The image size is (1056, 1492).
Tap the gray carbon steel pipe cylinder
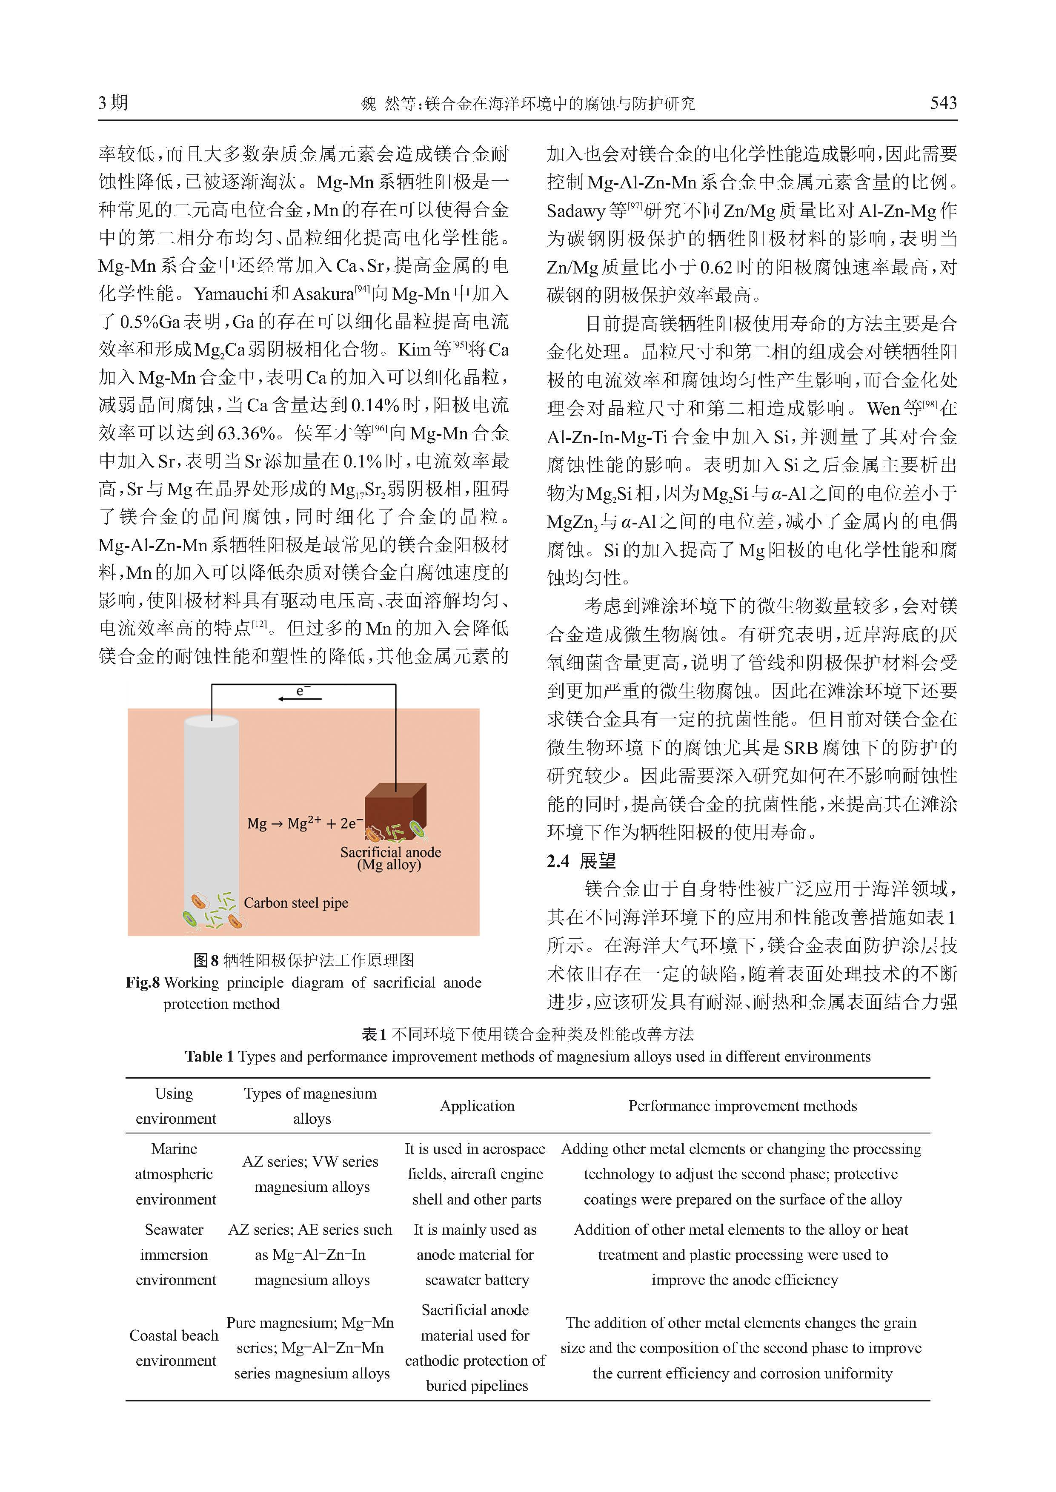pyautogui.click(x=212, y=812)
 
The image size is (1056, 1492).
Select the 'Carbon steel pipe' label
pyautogui.click(x=296, y=903)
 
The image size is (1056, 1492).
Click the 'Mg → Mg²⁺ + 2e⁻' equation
pyautogui.click(x=304, y=823)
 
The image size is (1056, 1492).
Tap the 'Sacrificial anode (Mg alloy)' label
pyautogui.click(x=390, y=858)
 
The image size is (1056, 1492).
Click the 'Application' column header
pyautogui.click(x=477, y=1106)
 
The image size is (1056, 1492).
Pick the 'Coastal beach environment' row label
pyautogui.click(x=174, y=1348)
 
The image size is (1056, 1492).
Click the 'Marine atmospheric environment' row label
pyautogui.click(x=174, y=1173)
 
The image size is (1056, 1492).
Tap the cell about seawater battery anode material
pyautogui.click(x=476, y=1254)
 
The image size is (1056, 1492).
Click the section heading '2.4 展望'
pyautogui.click(x=581, y=861)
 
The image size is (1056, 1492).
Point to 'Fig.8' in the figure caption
pyautogui.click(x=143, y=982)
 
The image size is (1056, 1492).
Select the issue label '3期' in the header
pyautogui.click(x=113, y=103)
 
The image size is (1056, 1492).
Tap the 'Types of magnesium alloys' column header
pyautogui.click(x=311, y=1106)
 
